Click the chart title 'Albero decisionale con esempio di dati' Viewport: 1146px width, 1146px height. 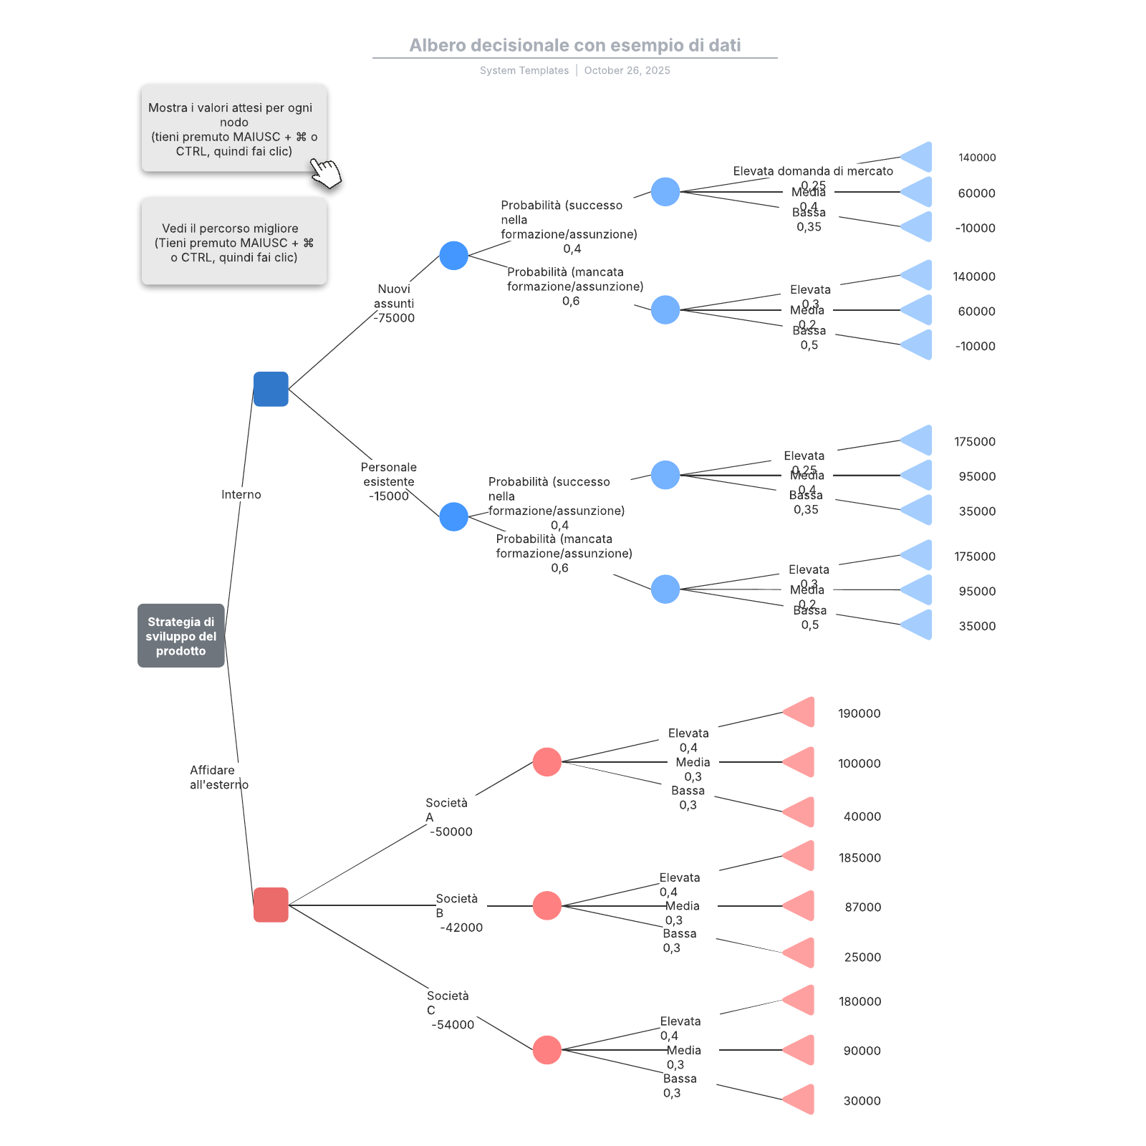pos(574,45)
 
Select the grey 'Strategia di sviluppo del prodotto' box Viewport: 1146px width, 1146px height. pos(180,636)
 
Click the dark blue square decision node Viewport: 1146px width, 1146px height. pos(271,389)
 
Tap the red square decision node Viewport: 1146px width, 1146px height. pos(271,905)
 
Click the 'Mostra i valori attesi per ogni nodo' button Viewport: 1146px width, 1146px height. pos(233,129)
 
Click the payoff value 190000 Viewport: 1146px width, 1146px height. pos(859,713)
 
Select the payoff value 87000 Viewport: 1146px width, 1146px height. pos(862,907)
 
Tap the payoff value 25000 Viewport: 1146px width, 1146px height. pos(862,957)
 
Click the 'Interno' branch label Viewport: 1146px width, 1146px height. pos(241,494)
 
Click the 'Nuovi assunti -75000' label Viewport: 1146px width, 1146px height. pos(394,303)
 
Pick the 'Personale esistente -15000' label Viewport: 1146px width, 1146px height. pos(388,481)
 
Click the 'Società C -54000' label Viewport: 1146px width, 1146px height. pos(451,1010)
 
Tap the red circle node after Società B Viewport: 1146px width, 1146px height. pos(546,905)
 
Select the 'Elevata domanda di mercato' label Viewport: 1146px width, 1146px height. pos(813,171)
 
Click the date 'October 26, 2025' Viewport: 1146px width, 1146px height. pos(627,70)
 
